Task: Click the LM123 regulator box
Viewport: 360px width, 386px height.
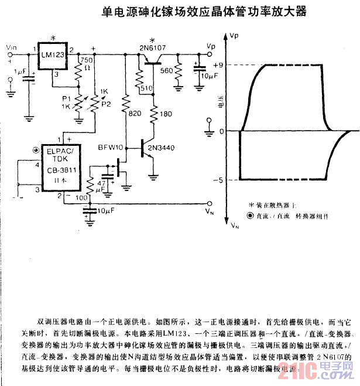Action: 52,56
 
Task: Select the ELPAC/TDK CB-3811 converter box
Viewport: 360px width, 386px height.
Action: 56,166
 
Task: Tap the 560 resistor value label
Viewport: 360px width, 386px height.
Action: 167,71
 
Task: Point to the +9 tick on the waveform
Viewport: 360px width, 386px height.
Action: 218,65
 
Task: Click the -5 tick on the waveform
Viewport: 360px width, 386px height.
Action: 218,179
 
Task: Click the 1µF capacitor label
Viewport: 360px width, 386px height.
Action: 19,71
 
